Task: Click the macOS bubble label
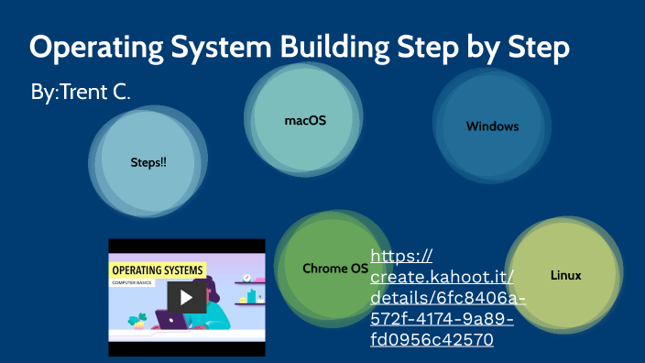[x=305, y=120]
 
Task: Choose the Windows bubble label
[x=492, y=126]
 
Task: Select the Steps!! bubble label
[x=148, y=162]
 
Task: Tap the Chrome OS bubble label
[x=335, y=269]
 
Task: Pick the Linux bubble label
[x=565, y=275]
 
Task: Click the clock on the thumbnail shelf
[x=246, y=278]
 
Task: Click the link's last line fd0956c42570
[x=432, y=340]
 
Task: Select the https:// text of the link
[x=401, y=256]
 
